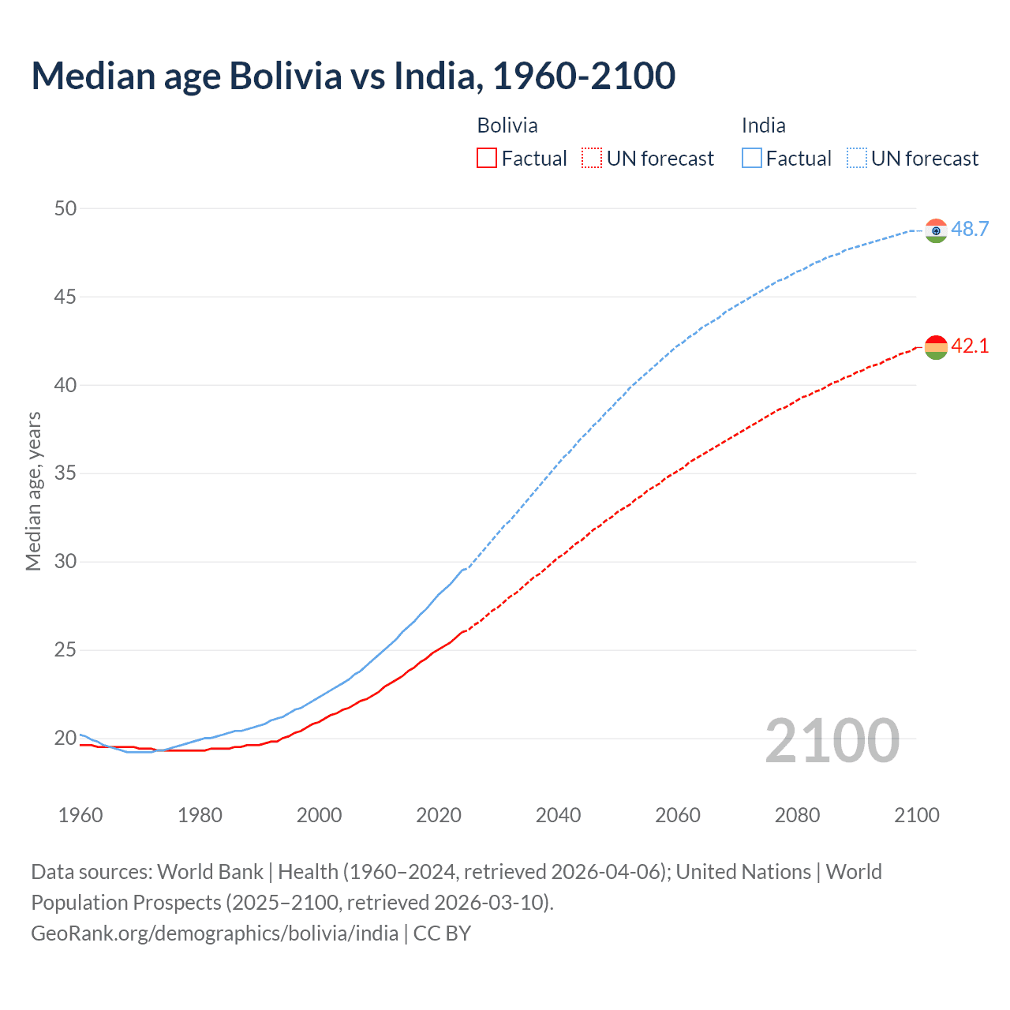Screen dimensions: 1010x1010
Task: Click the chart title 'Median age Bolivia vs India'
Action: [353, 76]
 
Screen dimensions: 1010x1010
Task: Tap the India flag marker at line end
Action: [936, 230]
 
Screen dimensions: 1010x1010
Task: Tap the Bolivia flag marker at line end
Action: [936, 347]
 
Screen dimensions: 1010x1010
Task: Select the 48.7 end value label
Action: [970, 229]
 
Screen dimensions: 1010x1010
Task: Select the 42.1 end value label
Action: [970, 346]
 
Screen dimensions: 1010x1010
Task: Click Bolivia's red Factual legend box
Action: [487, 159]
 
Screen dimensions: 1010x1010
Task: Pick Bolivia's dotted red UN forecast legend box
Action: [592, 159]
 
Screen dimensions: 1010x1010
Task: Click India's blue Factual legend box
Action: [752, 159]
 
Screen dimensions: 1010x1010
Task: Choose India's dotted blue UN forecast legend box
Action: [857, 159]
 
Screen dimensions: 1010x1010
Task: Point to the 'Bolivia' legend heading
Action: [507, 125]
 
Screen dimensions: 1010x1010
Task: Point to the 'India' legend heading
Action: [763, 125]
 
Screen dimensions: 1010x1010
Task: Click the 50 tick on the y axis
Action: [65, 208]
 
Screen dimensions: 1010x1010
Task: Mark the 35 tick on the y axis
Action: [65, 473]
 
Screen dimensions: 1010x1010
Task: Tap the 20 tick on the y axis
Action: [65, 739]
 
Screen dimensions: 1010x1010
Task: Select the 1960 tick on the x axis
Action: [80, 815]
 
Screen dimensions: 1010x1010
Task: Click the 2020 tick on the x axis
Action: [439, 815]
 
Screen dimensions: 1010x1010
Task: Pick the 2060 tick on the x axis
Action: [678, 815]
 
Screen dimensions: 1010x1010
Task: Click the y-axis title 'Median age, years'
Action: [33, 491]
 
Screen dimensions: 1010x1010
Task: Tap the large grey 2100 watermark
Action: [832, 740]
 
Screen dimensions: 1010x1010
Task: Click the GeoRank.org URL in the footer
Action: [215, 933]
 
